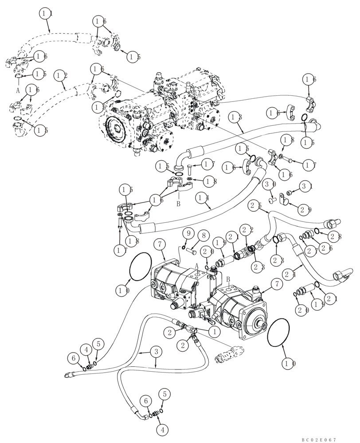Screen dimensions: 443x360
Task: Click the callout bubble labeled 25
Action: (253, 205)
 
